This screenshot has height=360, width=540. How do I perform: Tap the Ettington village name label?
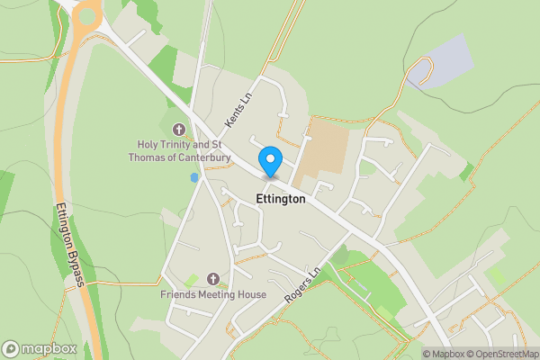pyautogui.click(x=281, y=199)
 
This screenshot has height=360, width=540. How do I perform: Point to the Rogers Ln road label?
pyautogui.click(x=301, y=286)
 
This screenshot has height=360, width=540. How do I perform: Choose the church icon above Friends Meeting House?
pyautogui.click(x=213, y=280)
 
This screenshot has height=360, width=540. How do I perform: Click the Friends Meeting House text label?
pyautogui.click(x=213, y=294)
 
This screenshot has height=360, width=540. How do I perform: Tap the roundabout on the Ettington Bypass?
pyautogui.click(x=87, y=14)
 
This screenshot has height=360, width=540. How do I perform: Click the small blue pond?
pyautogui.click(x=193, y=178)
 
